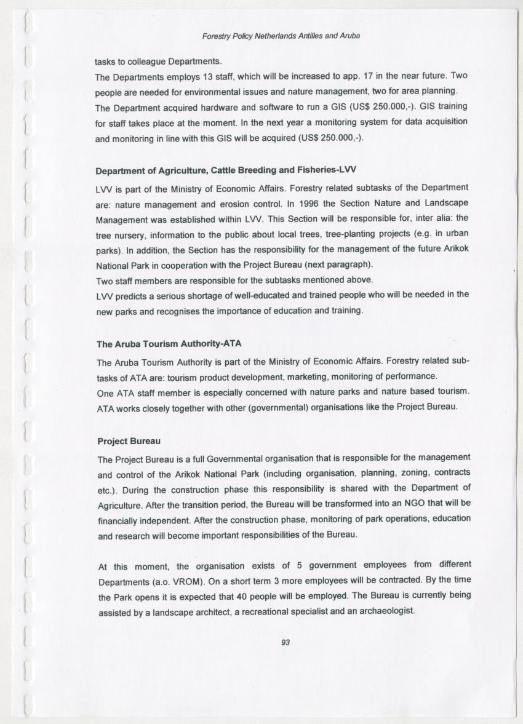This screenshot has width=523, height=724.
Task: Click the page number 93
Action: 285,642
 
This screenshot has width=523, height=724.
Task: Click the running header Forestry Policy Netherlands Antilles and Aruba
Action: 281,36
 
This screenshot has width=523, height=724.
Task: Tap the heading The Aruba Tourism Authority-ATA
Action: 164,343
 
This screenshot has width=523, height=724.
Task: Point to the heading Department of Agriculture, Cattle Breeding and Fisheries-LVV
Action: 226,170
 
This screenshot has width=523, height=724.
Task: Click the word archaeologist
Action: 386,611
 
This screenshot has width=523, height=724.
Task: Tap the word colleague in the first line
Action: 146,62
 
